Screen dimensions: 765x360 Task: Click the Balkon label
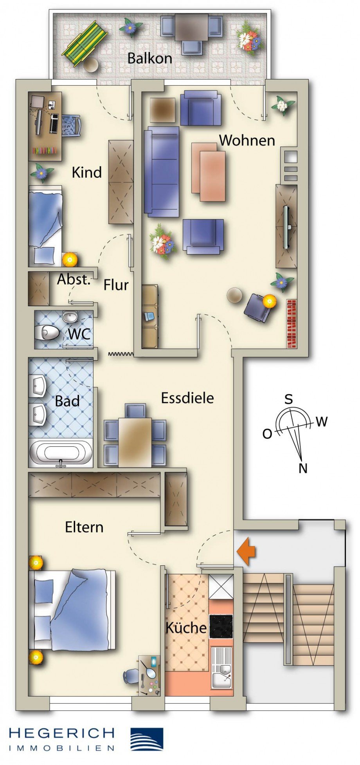tap(149, 58)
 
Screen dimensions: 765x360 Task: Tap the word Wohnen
tap(247, 140)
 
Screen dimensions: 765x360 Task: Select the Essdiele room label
tap(187, 398)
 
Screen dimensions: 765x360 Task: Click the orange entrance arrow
tap(246, 552)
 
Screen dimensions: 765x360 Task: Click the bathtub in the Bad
tap(61, 453)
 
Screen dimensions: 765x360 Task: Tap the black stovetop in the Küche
tap(221, 626)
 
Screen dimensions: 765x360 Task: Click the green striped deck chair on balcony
tap(85, 43)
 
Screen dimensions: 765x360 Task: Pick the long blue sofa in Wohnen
tap(162, 171)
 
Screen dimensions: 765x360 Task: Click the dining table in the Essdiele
tap(135, 442)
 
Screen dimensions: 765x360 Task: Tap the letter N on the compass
tap(303, 468)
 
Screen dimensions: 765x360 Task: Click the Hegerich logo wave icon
tap(146, 739)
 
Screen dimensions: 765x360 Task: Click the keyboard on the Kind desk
tap(54, 123)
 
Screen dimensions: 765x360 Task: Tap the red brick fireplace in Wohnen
tap(291, 324)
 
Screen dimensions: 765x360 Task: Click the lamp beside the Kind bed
tap(70, 259)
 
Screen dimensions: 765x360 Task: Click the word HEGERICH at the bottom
tap(62, 733)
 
